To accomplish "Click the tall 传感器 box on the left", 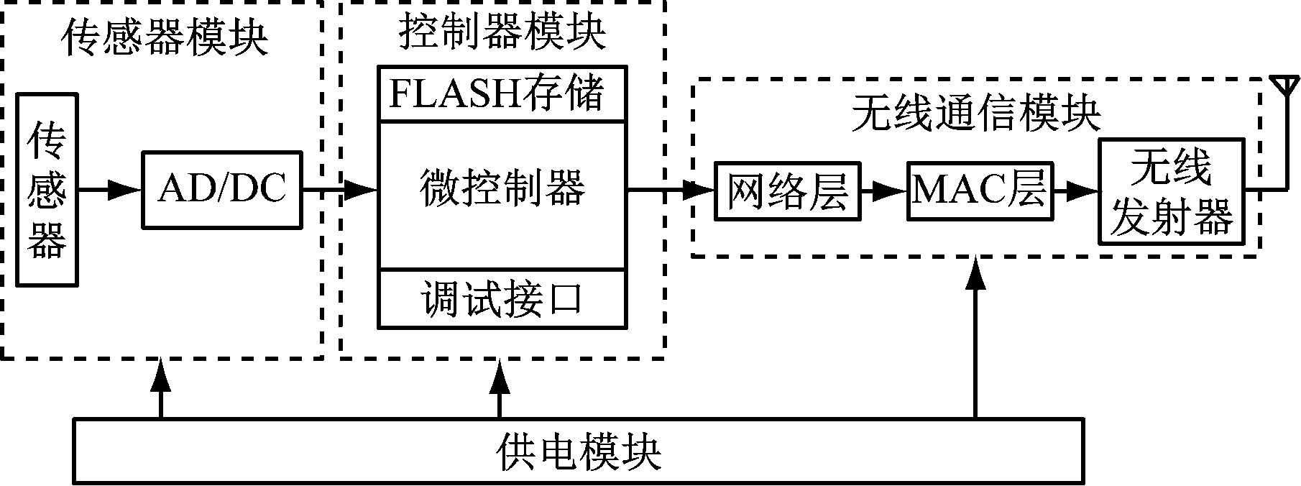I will [x=47, y=190].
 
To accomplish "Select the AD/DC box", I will [x=222, y=190].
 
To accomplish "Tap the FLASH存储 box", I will [x=502, y=93].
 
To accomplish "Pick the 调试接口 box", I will [x=502, y=299].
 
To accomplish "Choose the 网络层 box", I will [x=787, y=191].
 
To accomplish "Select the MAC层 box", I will [x=980, y=191].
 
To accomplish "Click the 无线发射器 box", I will [x=1172, y=191].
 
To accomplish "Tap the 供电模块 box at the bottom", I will [x=579, y=451].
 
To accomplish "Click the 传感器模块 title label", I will [x=165, y=37].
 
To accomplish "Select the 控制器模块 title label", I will [x=502, y=32].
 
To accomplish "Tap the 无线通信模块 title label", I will [x=976, y=114].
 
